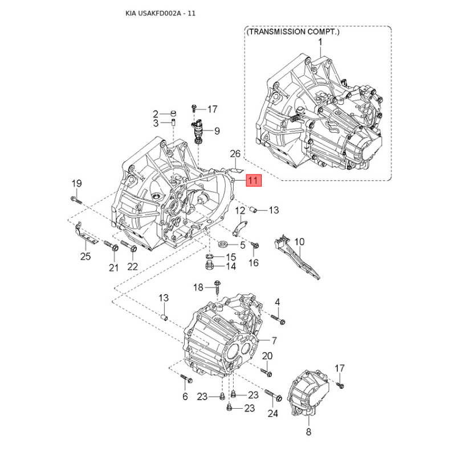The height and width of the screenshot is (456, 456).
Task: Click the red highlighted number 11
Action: (x=254, y=180)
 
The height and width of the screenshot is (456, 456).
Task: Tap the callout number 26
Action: (x=235, y=153)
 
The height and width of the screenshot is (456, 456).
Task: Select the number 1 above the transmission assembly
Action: (x=320, y=42)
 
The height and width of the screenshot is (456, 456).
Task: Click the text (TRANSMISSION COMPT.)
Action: (x=293, y=32)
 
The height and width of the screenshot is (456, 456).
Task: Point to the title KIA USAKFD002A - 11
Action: (x=160, y=13)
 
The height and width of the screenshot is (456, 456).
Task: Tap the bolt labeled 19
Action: (x=77, y=200)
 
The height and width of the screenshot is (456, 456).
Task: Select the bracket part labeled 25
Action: (x=85, y=234)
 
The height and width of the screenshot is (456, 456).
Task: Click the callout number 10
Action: (x=299, y=242)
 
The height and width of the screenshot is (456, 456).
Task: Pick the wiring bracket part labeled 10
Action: (x=296, y=257)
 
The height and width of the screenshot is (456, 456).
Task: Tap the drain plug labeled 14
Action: (x=209, y=266)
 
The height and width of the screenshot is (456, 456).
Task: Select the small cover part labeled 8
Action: (x=308, y=393)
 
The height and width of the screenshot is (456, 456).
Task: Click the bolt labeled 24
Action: (x=274, y=395)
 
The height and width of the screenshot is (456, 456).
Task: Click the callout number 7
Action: (x=274, y=340)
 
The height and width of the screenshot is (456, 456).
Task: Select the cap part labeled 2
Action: (x=173, y=112)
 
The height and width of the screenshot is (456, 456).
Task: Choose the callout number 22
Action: (x=132, y=266)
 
